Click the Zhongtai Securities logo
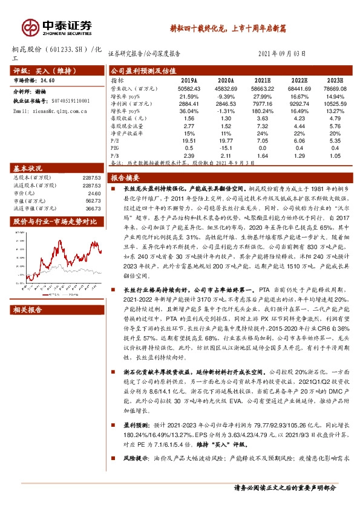coord(57,27)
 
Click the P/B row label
coord(115,155)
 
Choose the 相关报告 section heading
coord(28,310)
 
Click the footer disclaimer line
coord(293,487)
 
